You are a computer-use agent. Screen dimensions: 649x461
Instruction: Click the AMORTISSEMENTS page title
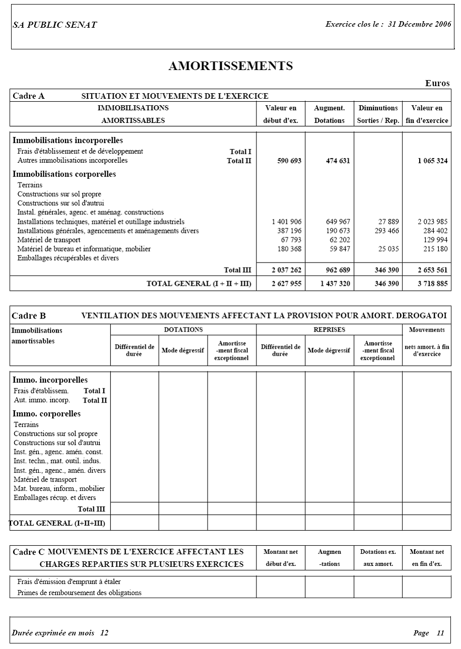click(230, 66)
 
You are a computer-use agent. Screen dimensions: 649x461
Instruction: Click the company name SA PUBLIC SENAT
click(54, 25)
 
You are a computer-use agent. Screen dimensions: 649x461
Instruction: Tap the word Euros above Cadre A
click(437, 83)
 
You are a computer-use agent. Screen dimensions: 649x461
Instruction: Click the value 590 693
click(289, 161)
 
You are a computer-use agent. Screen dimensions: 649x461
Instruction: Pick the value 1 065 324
click(432, 161)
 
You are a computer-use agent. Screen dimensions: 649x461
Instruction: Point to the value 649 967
click(338, 222)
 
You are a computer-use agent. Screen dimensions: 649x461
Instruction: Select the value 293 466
click(386, 231)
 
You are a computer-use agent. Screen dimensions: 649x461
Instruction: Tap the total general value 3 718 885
click(432, 284)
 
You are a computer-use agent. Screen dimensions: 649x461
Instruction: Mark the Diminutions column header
click(378, 108)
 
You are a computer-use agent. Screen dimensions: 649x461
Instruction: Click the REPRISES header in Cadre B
click(329, 330)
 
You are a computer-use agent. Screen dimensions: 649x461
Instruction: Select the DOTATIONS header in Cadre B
click(183, 330)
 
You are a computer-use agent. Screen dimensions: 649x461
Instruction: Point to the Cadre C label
click(28, 552)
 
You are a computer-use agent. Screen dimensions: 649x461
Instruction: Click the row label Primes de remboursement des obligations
click(80, 593)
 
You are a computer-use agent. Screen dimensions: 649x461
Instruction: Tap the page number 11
click(440, 633)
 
